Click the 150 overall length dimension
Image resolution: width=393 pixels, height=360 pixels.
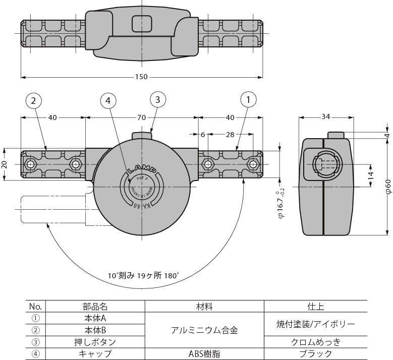click(142, 77)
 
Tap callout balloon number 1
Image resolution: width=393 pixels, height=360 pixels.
click(248, 100)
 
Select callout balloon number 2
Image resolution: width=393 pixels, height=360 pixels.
click(33, 101)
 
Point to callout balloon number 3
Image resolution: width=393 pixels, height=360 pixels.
click(157, 100)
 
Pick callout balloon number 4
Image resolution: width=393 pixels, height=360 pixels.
click(108, 101)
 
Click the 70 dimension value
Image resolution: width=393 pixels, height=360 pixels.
click(142, 117)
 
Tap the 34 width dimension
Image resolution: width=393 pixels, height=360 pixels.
click(325, 117)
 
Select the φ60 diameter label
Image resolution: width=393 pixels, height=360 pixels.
click(387, 186)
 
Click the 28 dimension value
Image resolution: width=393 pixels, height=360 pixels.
click(230, 134)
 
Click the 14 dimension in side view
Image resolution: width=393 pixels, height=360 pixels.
click(370, 175)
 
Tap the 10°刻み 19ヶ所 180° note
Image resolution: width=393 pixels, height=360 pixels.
click(144, 276)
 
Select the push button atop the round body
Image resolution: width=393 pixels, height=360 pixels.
click(142, 135)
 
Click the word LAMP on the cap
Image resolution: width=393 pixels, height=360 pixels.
click(142, 170)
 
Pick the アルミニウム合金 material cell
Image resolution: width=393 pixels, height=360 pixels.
click(204, 330)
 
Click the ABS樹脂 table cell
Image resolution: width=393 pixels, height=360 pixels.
click(204, 354)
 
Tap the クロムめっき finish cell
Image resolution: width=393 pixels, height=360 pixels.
click(316, 342)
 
